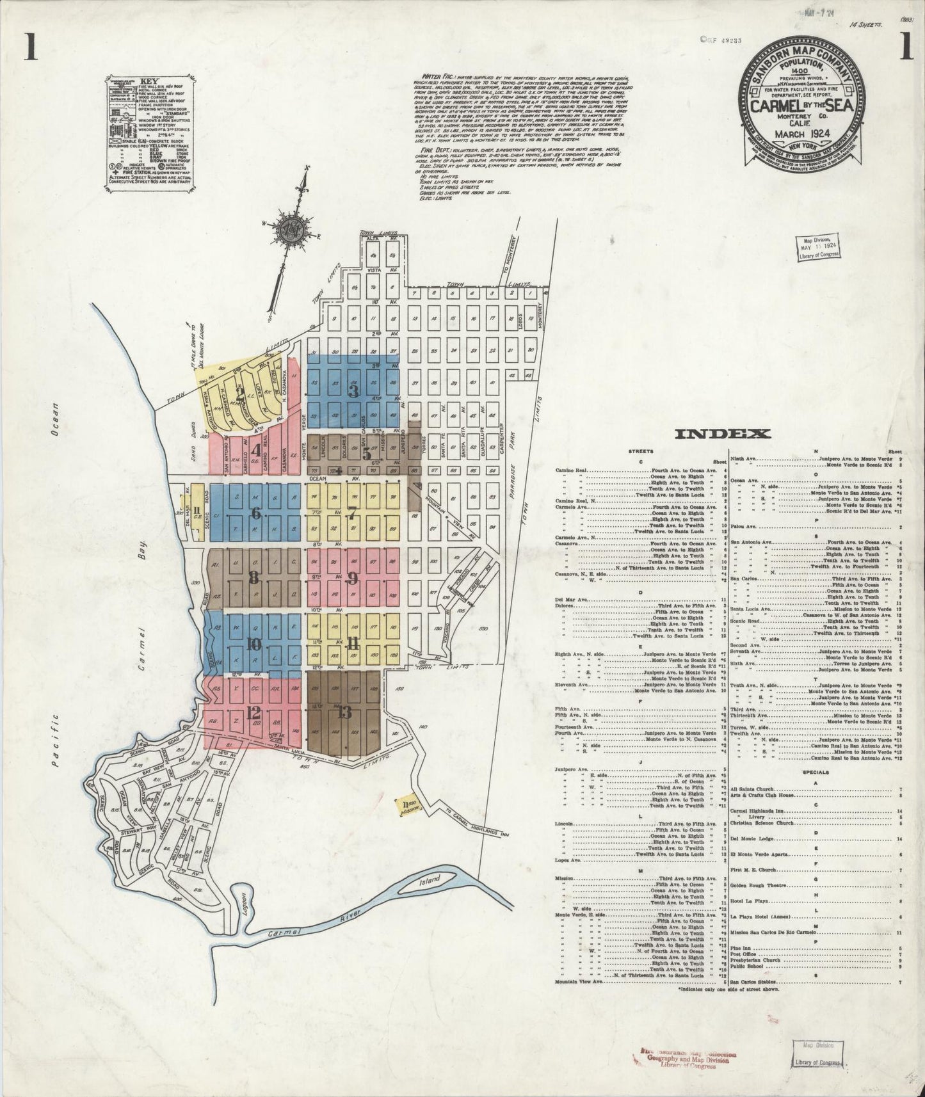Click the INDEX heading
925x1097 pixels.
[723, 435]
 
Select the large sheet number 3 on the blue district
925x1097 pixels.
[353, 389]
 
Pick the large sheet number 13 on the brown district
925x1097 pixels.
[345, 713]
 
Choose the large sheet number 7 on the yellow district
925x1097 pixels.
[351, 513]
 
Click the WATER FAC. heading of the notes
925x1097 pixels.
[430, 83]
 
